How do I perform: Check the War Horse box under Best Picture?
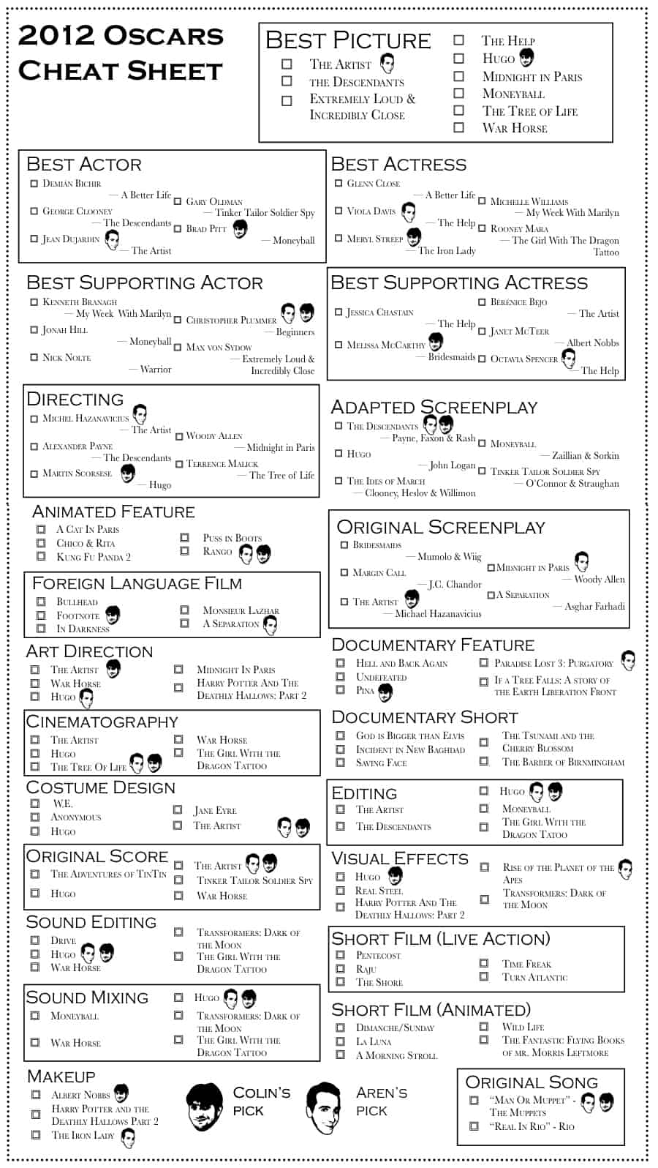pos(458,127)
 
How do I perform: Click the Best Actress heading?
pos(398,164)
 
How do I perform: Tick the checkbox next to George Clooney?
pos(34,211)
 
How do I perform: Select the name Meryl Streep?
pos(374,239)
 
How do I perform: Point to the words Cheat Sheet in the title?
pos(120,71)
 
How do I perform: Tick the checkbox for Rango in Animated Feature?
pos(185,550)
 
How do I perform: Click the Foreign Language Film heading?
pos(137,583)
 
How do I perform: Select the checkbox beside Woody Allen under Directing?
pos(179,437)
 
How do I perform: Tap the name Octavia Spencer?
pos(524,359)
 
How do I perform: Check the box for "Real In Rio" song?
pos(474,1126)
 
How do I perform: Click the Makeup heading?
pos(61,1076)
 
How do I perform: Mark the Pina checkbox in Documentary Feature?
pos(340,689)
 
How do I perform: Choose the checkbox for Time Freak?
pos(484,963)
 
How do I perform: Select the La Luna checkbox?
pos(340,1041)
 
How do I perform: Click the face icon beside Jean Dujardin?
pos(112,239)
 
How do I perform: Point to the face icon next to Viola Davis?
pos(409,212)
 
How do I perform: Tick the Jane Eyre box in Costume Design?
pos(178,809)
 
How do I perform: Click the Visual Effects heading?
pos(399,858)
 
